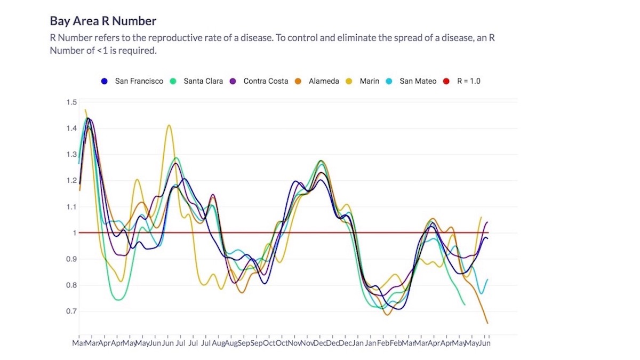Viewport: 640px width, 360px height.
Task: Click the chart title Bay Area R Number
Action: click(103, 21)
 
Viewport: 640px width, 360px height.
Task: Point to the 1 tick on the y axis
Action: click(75, 233)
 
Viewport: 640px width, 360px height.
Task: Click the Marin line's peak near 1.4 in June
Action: click(169, 125)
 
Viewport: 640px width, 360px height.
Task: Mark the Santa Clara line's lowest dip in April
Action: click(118, 300)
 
